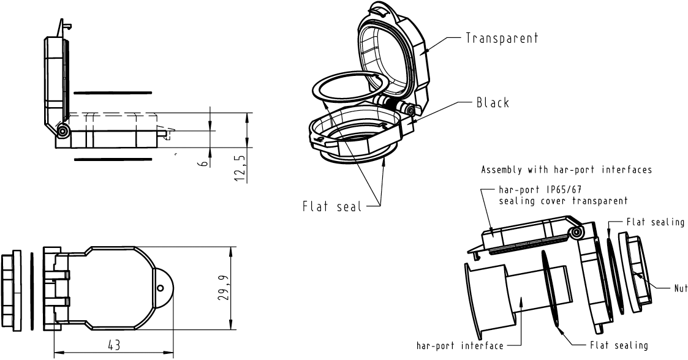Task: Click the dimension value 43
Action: click(114, 345)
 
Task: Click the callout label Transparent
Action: click(502, 38)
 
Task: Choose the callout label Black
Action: click(493, 103)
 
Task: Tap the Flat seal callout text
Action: click(330, 206)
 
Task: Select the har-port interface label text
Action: click(459, 346)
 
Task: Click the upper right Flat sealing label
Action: click(655, 222)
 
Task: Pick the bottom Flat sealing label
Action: click(619, 346)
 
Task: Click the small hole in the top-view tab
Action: click(160, 288)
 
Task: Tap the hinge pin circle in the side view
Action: click(62, 131)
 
